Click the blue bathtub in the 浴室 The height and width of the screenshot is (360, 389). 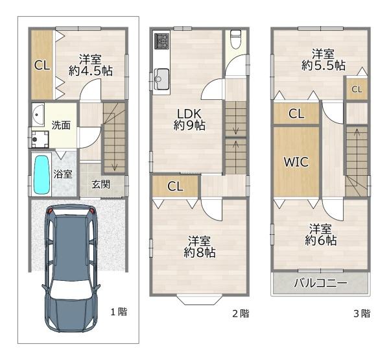[x=41, y=174]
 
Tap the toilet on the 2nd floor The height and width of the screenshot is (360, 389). [x=236, y=39]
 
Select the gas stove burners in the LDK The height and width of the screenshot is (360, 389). [x=161, y=40]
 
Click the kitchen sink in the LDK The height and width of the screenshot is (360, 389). [x=161, y=78]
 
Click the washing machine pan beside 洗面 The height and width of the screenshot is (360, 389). [x=40, y=139]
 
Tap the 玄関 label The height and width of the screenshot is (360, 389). [x=100, y=184]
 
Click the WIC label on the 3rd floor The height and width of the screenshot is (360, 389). [x=296, y=162]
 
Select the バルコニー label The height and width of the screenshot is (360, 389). [x=320, y=283]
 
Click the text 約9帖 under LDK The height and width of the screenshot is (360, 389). [x=189, y=126]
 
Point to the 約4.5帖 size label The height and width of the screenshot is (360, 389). [x=91, y=71]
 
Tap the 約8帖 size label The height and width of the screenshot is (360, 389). [x=200, y=253]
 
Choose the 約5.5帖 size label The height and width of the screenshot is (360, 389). [x=324, y=66]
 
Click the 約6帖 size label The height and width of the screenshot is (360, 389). [x=320, y=241]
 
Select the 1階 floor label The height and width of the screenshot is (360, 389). [x=119, y=312]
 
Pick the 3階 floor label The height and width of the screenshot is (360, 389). [x=362, y=313]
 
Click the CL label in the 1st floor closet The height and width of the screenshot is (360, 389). [x=42, y=66]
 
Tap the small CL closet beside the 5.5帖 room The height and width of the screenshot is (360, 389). [x=357, y=89]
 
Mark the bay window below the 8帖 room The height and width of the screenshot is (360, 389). [x=199, y=300]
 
